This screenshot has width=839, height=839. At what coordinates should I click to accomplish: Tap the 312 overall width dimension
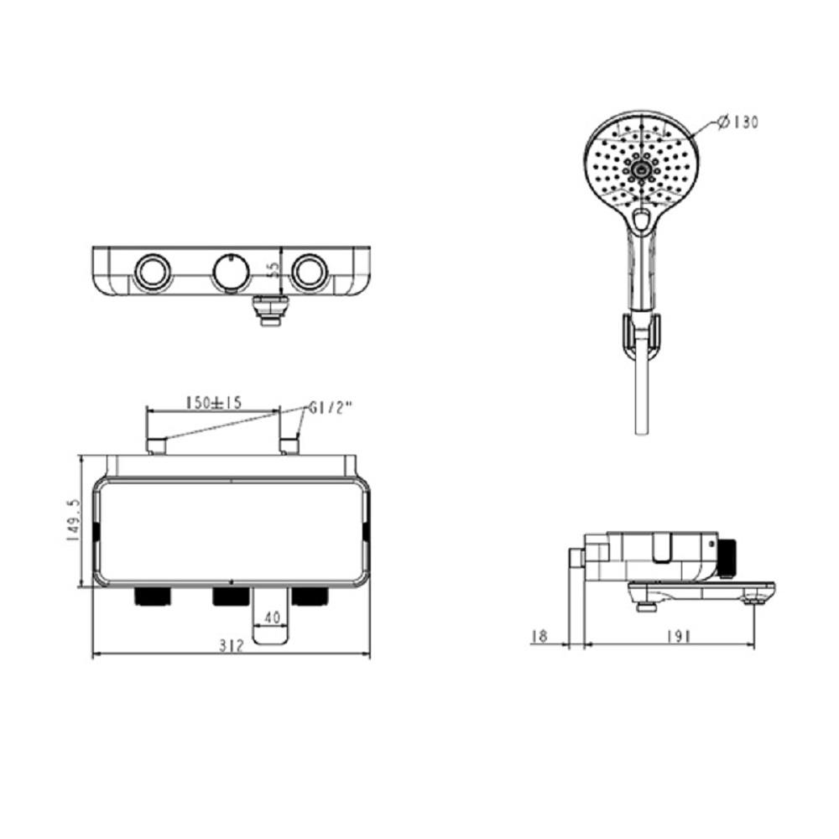pyautogui.click(x=231, y=644)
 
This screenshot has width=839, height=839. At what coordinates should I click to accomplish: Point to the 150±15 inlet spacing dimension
pyautogui.click(x=213, y=403)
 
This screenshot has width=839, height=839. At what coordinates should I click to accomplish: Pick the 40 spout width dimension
pyautogui.click(x=272, y=617)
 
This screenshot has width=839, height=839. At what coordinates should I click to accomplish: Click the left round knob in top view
pyautogui.click(x=151, y=272)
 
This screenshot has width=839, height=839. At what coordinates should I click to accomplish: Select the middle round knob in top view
pyautogui.click(x=229, y=272)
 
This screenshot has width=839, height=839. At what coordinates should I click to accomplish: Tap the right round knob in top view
pyautogui.click(x=309, y=272)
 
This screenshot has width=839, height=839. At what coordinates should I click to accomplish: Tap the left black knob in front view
pyautogui.click(x=152, y=597)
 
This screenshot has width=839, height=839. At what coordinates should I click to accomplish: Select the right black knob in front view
pyautogui.click(x=310, y=597)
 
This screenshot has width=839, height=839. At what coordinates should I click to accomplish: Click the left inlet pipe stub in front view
pyautogui.click(x=156, y=446)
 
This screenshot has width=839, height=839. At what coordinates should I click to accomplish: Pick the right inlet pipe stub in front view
pyautogui.click(x=290, y=446)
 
